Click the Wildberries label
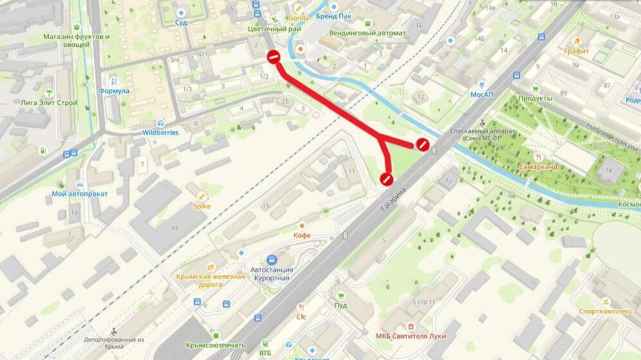click(x=160, y=132)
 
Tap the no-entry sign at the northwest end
click(x=273, y=57)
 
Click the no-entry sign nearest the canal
click(x=422, y=144)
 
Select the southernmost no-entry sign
click(x=385, y=178)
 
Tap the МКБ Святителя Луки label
click(x=411, y=335)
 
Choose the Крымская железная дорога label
click(x=210, y=280)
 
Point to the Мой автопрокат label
click(x=79, y=194)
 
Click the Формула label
click(x=113, y=90)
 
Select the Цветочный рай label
click(x=274, y=29)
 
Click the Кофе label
click(x=302, y=235)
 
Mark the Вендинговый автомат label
click(x=367, y=33)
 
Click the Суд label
click(x=181, y=22)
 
